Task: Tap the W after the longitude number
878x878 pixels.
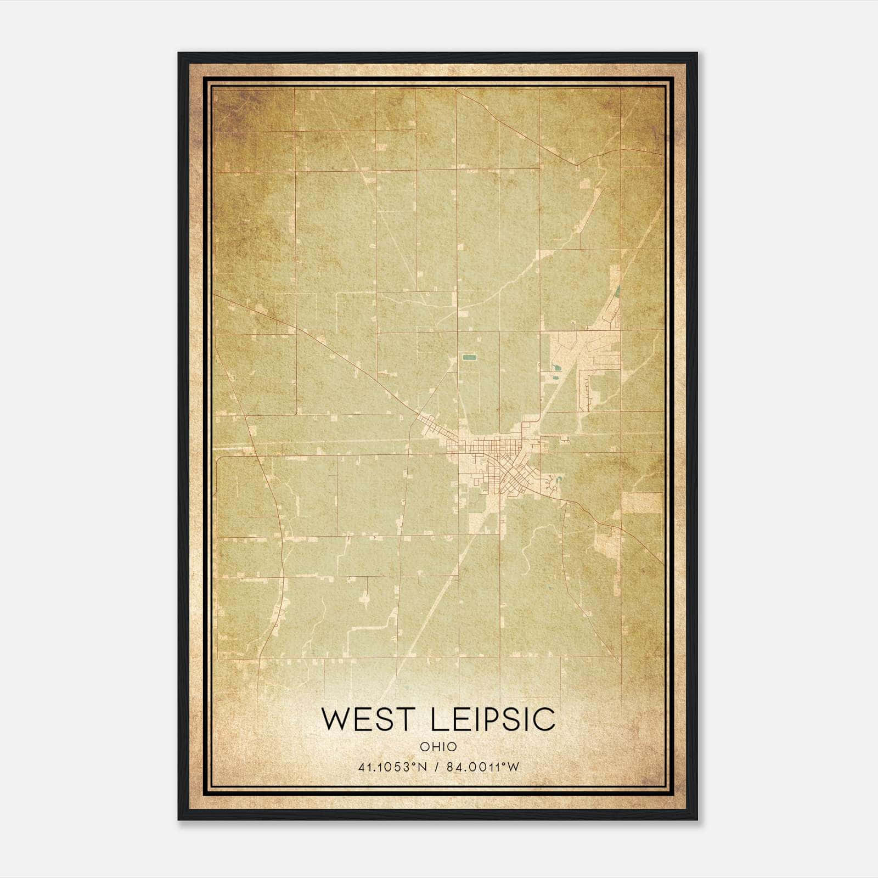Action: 513,767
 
